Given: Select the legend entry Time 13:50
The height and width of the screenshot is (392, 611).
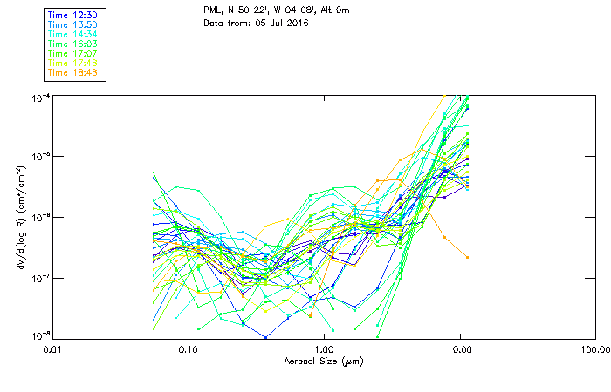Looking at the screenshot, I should pyautogui.click(x=72, y=25).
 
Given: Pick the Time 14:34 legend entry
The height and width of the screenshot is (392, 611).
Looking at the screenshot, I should pyautogui.click(x=72, y=34).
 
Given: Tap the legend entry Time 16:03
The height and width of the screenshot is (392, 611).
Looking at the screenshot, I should pyautogui.click(x=72, y=43).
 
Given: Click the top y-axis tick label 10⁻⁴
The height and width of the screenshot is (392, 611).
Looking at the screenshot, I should pyautogui.click(x=40, y=97).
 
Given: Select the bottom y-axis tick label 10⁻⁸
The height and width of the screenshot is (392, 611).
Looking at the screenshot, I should pyautogui.click(x=40, y=336).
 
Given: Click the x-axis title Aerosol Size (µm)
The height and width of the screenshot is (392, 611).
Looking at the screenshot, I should pyautogui.click(x=322, y=360).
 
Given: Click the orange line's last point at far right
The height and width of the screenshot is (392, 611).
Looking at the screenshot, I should pyautogui.click(x=468, y=257).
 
